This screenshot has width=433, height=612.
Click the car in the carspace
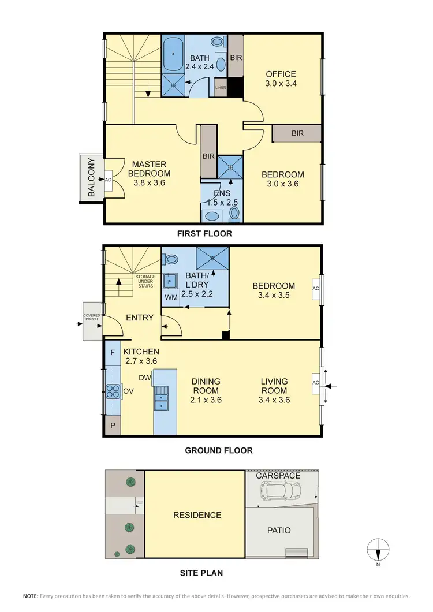(281, 491)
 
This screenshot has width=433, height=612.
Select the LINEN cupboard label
(221, 88)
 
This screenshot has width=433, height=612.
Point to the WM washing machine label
(171, 297)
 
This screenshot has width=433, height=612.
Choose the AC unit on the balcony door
(108, 180)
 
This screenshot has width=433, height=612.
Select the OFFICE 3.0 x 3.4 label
(281, 79)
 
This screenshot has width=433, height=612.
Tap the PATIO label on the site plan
(279, 530)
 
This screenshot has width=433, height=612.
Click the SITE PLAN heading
(199, 573)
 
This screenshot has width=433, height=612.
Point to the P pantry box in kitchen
(112, 426)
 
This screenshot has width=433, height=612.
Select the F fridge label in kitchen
(112, 352)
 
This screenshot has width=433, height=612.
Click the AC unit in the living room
(315, 383)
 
